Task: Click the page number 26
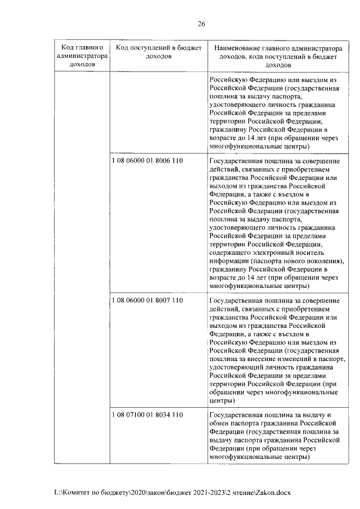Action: click(x=201, y=24)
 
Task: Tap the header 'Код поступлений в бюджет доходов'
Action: click(x=158, y=52)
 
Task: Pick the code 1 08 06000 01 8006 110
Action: click(x=148, y=161)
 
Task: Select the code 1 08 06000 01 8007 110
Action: click(x=148, y=300)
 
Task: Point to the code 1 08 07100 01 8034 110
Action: click(x=148, y=415)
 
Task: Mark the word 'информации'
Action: click(x=229, y=261)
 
